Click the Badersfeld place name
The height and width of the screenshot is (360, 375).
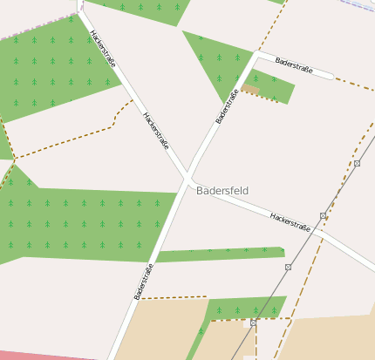pyautogui.click(x=223, y=190)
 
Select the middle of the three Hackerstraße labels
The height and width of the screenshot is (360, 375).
pyautogui.click(x=155, y=131)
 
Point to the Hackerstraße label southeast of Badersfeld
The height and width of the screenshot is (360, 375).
pyautogui.click(x=290, y=221)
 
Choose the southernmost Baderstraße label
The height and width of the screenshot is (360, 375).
pyautogui.click(x=144, y=281)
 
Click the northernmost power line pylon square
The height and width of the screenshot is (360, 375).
pyautogui.click(x=357, y=163)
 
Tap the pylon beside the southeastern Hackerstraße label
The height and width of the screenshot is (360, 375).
pyautogui.click(x=323, y=215)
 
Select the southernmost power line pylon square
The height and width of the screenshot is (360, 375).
pyautogui.click(x=253, y=323)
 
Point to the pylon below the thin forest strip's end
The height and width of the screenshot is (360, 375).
pyautogui.click(x=288, y=268)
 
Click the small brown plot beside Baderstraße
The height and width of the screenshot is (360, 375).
pyautogui.click(x=250, y=89)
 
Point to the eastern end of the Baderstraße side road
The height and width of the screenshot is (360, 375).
pyautogui.click(x=332, y=77)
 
